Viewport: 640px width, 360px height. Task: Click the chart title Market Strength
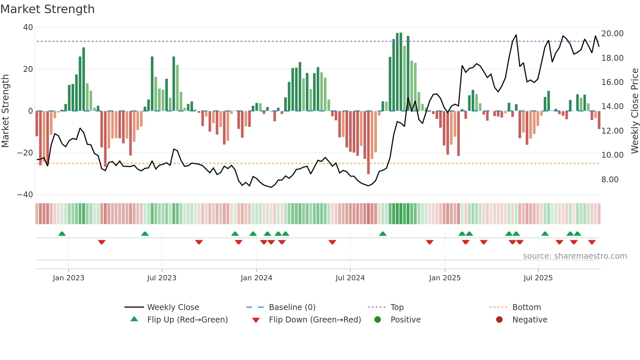pyautogui.click(x=48, y=9)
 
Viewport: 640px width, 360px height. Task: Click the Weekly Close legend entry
pyautogui.click(x=173, y=307)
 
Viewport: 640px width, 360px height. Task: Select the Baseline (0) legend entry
pyautogui.click(x=292, y=307)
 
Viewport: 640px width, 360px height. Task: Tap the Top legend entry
pyautogui.click(x=397, y=307)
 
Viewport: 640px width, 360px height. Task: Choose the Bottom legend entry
pyautogui.click(x=526, y=307)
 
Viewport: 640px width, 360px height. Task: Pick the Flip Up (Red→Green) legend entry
pyautogui.click(x=187, y=319)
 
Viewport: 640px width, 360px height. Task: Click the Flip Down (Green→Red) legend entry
pyautogui.click(x=315, y=319)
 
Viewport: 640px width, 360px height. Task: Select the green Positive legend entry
pyautogui.click(x=405, y=319)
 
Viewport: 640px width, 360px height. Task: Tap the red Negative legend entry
pyautogui.click(x=530, y=319)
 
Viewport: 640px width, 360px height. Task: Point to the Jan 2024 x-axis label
pyautogui.click(x=256, y=278)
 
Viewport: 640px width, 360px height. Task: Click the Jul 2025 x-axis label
pyautogui.click(x=538, y=278)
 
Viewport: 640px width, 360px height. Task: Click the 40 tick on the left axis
pyautogui.click(x=28, y=27)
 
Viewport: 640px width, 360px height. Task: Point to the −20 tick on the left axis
pyautogui.click(x=25, y=153)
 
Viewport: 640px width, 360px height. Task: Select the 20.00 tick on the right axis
pyautogui.click(x=612, y=34)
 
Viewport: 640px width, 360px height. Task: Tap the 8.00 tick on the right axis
pyautogui.click(x=610, y=179)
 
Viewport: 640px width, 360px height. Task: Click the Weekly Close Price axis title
pyautogui.click(x=634, y=111)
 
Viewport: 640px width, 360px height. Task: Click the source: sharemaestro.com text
pyautogui.click(x=575, y=256)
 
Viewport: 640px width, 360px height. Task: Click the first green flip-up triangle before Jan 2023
pyautogui.click(x=62, y=234)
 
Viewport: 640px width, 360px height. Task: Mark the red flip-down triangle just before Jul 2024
pyautogui.click(x=332, y=242)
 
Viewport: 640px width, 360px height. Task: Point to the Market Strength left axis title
pyautogui.click(x=6, y=111)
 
